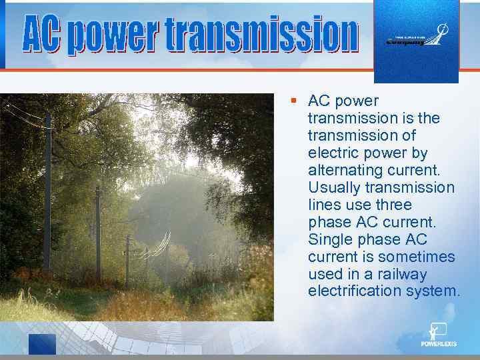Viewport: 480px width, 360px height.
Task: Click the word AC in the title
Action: (x=45, y=35)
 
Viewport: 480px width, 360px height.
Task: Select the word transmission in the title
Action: (x=262, y=35)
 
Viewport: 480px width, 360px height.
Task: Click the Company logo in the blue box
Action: (x=417, y=38)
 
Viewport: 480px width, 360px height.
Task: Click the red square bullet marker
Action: (x=293, y=101)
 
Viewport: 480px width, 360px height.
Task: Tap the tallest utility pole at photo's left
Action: (x=47, y=193)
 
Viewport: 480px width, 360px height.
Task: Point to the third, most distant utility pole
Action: (x=127, y=260)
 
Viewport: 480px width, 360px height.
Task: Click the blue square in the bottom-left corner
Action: (x=42, y=344)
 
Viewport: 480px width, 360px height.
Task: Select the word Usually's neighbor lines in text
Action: (x=323, y=205)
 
